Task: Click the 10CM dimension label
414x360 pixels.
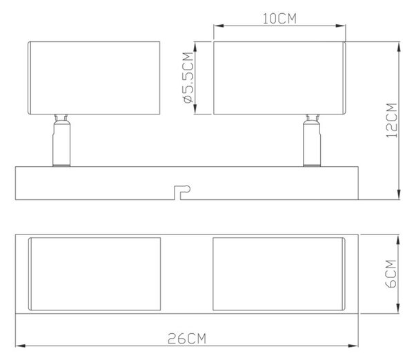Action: tap(279, 19)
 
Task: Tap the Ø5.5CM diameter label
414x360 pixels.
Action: tap(188, 78)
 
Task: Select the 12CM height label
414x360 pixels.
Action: tap(392, 121)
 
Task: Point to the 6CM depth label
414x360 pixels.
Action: tap(391, 274)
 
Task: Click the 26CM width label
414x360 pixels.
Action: tap(187, 339)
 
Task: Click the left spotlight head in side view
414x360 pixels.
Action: tap(94, 78)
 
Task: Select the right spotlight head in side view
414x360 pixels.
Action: tap(279, 78)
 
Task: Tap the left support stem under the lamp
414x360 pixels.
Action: tap(61, 141)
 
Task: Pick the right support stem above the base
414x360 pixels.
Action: tap(312, 141)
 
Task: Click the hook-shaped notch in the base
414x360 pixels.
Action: tap(182, 192)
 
